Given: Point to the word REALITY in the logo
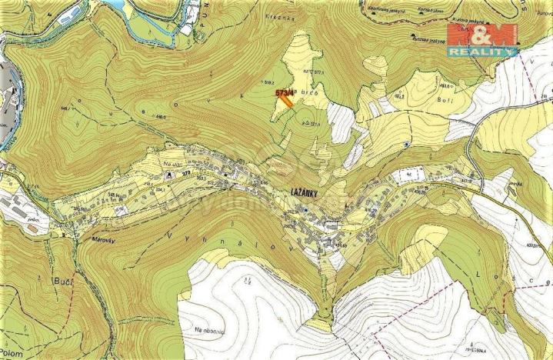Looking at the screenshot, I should point(482,51).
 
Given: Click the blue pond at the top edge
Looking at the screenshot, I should point(116,5).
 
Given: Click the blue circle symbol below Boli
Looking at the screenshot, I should point(406,144).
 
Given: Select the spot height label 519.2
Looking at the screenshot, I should point(267,82).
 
